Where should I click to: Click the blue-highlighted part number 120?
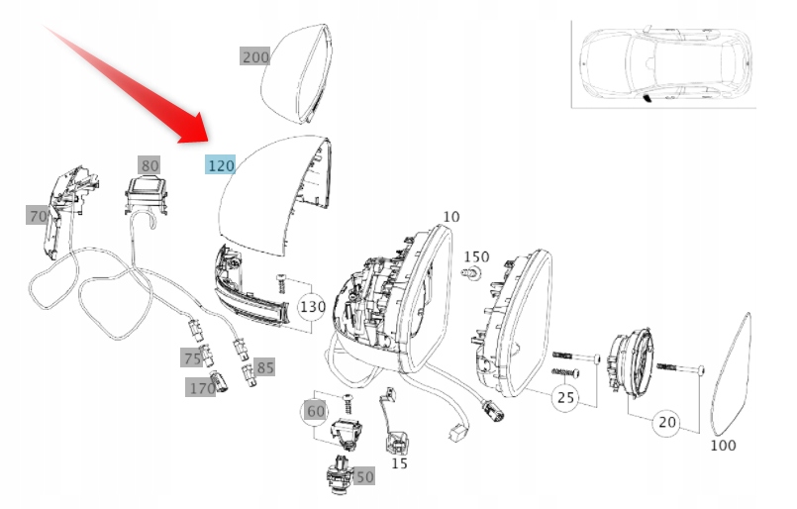point(220,163)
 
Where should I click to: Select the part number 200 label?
point(255,57)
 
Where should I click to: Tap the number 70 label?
point(38,215)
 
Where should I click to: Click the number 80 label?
point(149,165)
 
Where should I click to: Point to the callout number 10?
point(450,216)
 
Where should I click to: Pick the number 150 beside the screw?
point(477,256)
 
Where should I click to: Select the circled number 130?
point(313,307)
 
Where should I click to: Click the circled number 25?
point(564,398)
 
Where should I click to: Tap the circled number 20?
point(667,422)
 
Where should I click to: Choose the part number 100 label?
point(724,446)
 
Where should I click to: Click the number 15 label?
point(399,462)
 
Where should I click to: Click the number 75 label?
point(191,358)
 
